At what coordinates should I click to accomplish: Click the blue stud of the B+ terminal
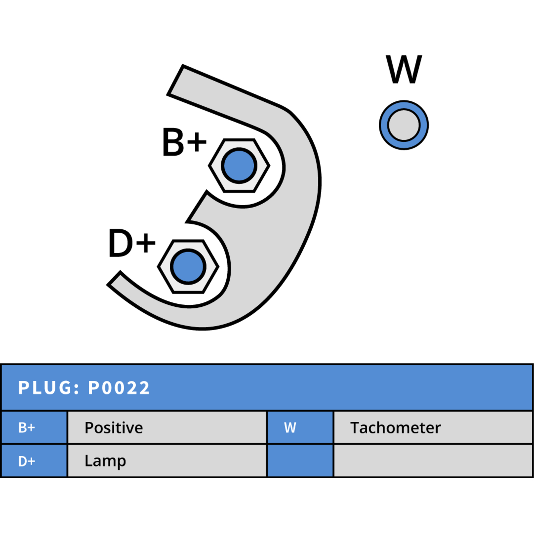pos(239,166)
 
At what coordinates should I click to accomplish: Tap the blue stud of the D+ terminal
pos(188,267)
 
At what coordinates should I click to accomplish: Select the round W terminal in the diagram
pos(404,125)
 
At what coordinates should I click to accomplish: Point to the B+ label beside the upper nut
pos(184,142)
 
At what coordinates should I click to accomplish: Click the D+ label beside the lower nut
pos(132,243)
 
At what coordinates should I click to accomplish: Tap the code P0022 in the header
pos(118,388)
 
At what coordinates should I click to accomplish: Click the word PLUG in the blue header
pos(45,388)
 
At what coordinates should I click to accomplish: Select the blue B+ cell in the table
pos(34,428)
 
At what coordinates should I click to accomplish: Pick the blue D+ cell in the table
pos(34,461)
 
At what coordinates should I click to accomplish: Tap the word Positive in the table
pos(114,428)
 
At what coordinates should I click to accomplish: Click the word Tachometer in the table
pos(396,428)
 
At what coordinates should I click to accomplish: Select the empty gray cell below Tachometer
pos(433,461)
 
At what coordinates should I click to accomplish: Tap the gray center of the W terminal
pos(404,125)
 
